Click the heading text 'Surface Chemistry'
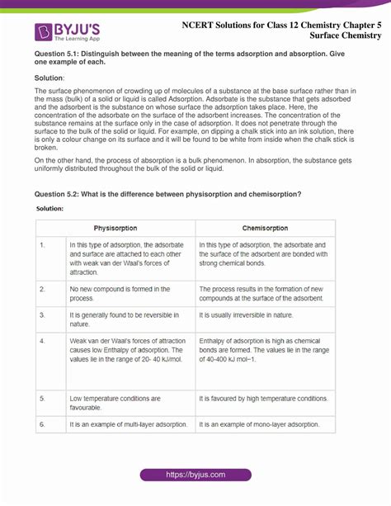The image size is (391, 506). click(346, 36)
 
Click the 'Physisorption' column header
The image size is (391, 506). click(115, 228)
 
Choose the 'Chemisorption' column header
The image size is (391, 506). click(265, 228)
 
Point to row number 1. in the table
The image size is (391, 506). click(42, 245)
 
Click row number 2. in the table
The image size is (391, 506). click(42, 289)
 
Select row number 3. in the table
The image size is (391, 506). click(42, 316)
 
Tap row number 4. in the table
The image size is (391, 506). click(42, 341)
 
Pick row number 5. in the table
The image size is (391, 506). click(42, 399)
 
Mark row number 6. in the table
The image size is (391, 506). click(42, 424)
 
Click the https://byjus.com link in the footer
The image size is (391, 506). click(195, 475)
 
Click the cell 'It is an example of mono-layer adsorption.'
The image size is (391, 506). click(259, 424)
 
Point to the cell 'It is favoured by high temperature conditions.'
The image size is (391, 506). click(263, 399)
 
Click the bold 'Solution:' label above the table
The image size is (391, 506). click(50, 209)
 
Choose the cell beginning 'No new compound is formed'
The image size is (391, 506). click(120, 293)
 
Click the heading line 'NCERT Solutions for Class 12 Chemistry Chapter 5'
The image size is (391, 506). click(281, 24)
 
